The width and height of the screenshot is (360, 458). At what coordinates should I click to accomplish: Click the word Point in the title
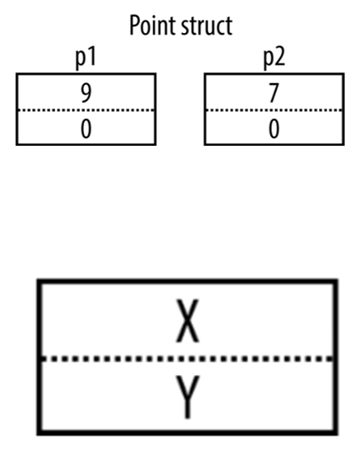[x=152, y=25]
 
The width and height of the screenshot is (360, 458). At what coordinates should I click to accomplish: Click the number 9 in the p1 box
[x=86, y=93]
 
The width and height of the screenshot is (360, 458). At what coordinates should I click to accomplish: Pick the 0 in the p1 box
[x=86, y=129]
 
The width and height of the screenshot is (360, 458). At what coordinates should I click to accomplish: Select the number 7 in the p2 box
[x=273, y=93]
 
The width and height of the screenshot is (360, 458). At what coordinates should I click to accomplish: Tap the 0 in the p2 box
[x=273, y=129]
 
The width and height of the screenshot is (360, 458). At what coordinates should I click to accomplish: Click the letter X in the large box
[x=188, y=321]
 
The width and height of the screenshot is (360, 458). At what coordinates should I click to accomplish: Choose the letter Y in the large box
[x=188, y=397]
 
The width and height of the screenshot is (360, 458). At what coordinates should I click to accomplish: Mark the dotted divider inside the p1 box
[x=86, y=110]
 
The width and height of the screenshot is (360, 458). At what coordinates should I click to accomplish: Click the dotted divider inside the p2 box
[x=274, y=110]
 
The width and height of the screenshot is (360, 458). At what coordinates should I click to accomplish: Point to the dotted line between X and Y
[x=188, y=359]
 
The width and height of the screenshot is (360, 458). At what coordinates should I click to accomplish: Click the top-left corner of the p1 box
[x=17, y=74]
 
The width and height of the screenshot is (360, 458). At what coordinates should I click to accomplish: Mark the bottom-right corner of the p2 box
[x=343, y=144]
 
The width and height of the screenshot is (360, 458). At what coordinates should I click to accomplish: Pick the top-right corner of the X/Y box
[x=336, y=282]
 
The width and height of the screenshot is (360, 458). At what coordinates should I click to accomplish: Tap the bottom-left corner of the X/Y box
[x=38, y=433]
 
